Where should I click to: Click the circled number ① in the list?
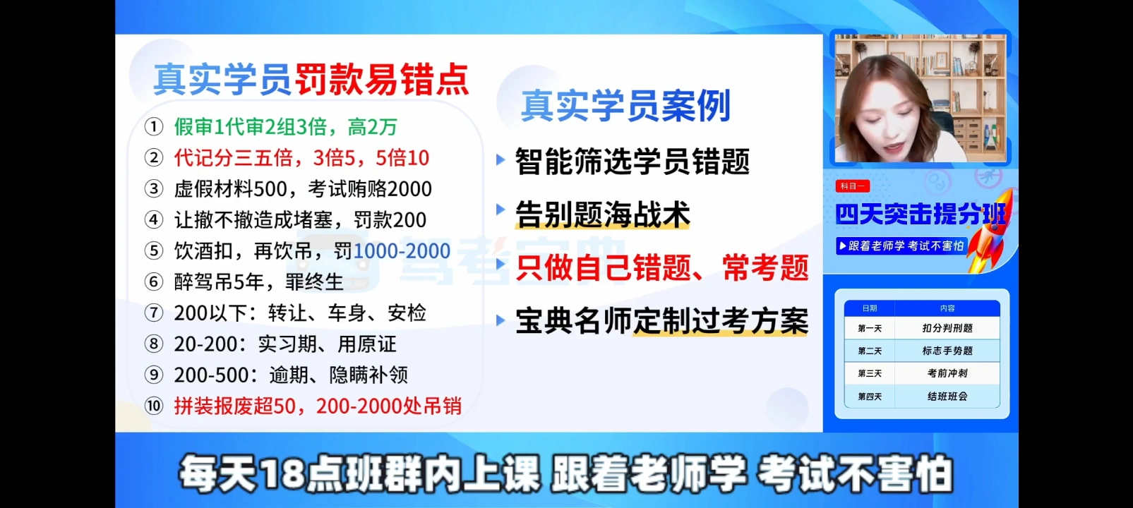point(154,126)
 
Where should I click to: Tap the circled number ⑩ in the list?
point(154,406)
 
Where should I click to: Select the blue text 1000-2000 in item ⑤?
point(402,250)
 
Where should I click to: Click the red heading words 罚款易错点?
point(382,80)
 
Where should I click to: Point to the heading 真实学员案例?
point(625,105)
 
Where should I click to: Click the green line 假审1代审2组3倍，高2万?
point(286,126)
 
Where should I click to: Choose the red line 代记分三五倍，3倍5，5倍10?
point(301,158)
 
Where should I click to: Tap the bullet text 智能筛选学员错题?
point(632,162)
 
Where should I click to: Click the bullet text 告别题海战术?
point(602,214)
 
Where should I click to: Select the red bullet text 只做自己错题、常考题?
point(662,267)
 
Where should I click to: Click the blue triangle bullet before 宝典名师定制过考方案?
point(500,320)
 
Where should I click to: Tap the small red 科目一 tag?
point(853,186)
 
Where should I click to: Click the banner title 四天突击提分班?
point(921,214)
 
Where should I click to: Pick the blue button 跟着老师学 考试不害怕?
point(902,246)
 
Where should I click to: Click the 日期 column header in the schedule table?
point(870,308)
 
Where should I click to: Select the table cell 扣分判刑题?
point(947,328)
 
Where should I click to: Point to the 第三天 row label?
point(870,373)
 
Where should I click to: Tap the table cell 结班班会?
point(947,397)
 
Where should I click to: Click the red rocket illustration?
point(990,233)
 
